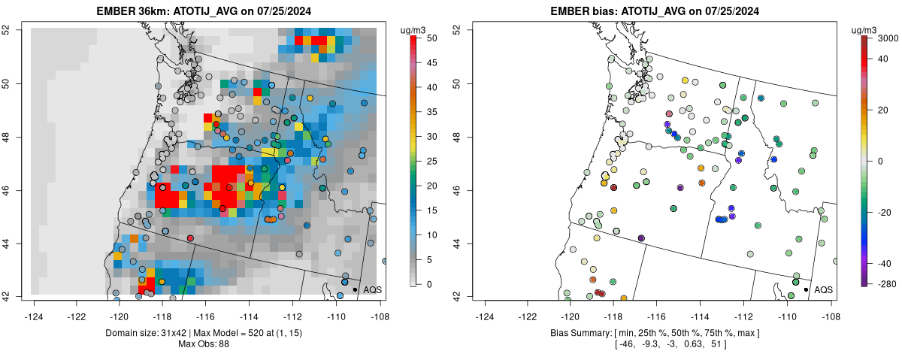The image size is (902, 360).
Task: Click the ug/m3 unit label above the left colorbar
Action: (414, 29)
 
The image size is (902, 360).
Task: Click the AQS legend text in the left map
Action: (372, 289)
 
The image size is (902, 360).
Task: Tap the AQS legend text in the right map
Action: (824, 289)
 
